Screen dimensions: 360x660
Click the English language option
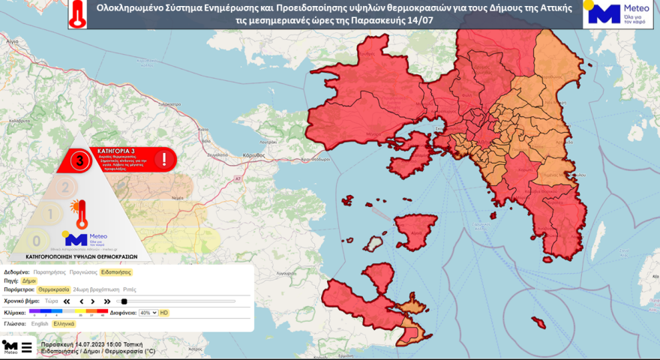point(40,323)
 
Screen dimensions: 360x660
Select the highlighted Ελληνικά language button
point(64,323)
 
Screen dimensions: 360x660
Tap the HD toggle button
point(164,312)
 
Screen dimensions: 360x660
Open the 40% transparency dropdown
point(148,312)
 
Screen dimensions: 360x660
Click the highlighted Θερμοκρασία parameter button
point(54,288)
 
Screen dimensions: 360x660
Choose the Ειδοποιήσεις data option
point(116,271)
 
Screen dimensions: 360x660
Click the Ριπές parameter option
point(129,288)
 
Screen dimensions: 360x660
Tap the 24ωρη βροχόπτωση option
point(95,288)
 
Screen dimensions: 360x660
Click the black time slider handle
point(124,301)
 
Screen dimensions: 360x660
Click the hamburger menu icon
point(26,347)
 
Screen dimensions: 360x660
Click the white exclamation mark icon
point(163,159)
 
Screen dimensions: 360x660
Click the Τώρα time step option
point(51,301)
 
